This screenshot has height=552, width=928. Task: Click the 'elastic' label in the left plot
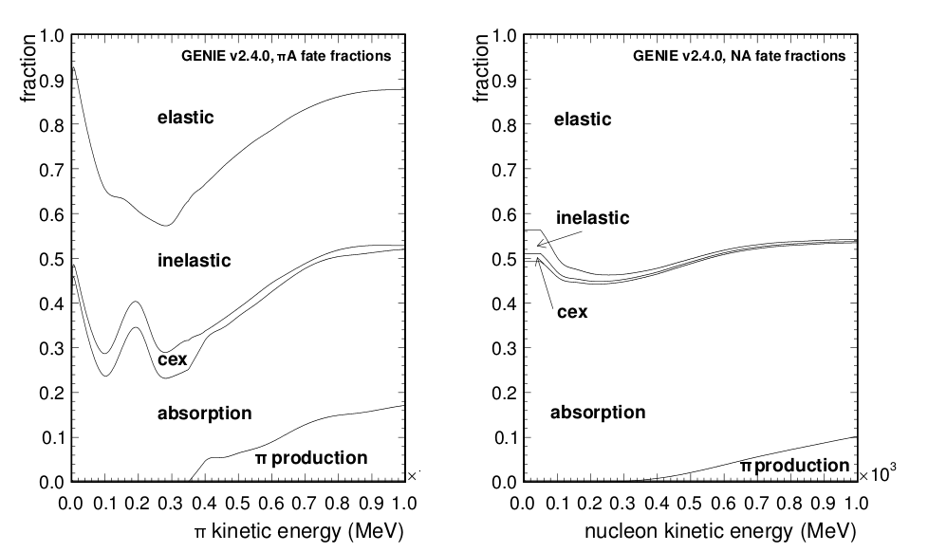pos(186,118)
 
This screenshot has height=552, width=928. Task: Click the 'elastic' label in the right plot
pos(582,120)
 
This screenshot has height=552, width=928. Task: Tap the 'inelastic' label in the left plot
pos(194,260)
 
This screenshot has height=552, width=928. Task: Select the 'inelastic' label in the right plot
pos(591,217)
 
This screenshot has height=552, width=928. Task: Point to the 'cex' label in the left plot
pos(172,360)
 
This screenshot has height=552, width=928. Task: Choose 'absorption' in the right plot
pos(598,413)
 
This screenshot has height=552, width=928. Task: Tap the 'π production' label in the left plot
pos(310,458)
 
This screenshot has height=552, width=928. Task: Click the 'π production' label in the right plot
pos(794,466)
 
